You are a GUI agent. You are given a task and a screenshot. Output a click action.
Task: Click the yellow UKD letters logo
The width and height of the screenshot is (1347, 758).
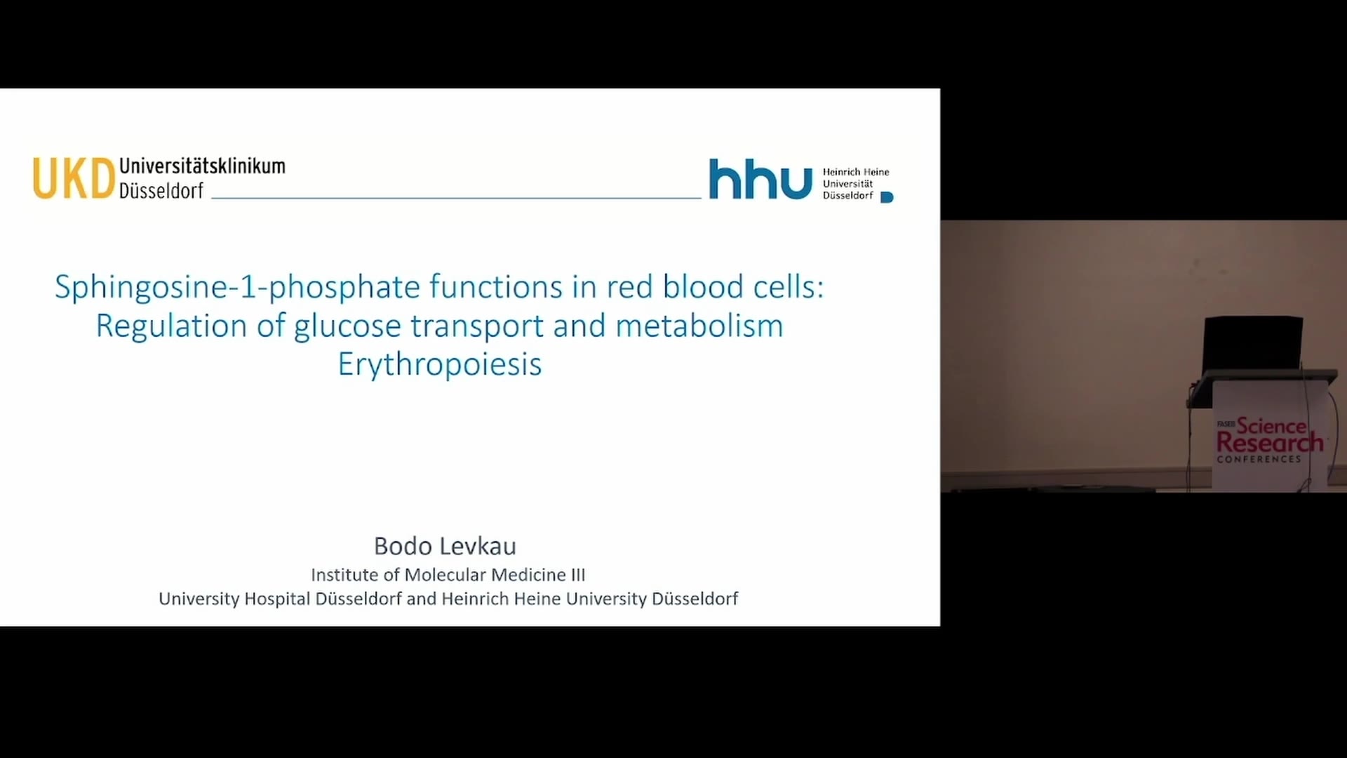[x=74, y=178]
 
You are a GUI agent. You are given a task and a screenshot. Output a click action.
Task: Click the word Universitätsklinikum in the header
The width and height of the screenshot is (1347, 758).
[x=202, y=166]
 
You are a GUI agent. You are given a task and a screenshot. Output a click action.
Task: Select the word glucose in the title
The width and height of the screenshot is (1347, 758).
[x=349, y=326]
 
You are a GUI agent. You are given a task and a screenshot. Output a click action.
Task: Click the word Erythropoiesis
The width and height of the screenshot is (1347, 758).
[x=440, y=365]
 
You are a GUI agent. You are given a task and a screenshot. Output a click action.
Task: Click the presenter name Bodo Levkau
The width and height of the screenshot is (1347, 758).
[x=445, y=546]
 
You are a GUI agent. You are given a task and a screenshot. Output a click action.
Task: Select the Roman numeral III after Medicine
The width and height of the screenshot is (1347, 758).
[x=578, y=575]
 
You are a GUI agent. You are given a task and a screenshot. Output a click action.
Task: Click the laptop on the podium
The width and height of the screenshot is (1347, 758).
[x=1253, y=346]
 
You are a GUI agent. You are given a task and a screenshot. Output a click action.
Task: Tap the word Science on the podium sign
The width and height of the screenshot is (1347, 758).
[x=1271, y=425]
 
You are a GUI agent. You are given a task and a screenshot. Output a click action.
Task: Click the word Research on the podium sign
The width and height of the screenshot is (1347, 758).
[x=1270, y=443]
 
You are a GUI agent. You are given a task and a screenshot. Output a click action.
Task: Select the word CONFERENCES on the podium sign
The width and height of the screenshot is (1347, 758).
[x=1259, y=459]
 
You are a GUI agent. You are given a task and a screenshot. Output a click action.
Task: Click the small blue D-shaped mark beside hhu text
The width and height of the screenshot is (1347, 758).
[x=887, y=197]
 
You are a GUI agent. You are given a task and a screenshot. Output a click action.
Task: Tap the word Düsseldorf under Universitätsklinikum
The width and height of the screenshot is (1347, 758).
[x=161, y=191]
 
